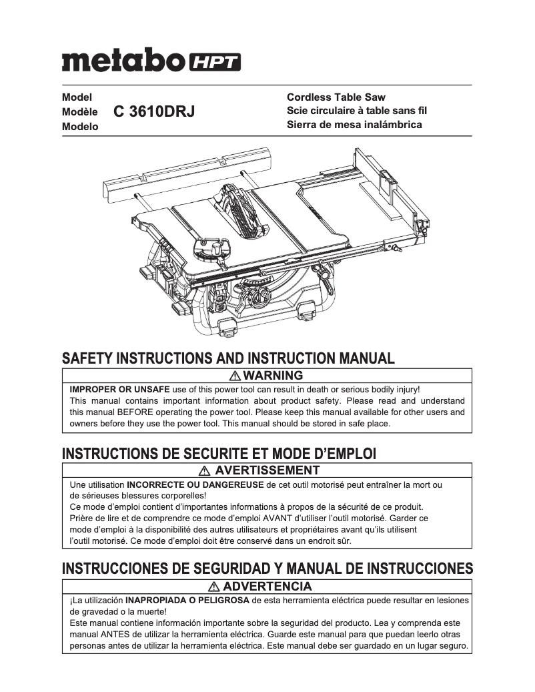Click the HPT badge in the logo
click(215, 62)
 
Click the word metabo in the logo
click(123, 61)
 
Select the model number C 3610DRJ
click(154, 112)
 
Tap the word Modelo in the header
click(80, 126)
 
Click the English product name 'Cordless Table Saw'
click(336, 97)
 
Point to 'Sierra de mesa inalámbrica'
click(354, 125)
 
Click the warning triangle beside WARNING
click(234, 376)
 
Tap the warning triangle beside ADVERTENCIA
click(213, 587)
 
